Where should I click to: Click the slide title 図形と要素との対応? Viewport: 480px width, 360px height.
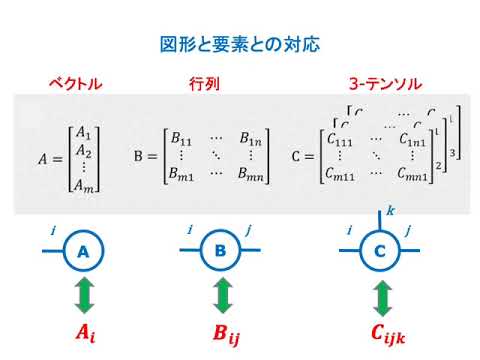(240, 45)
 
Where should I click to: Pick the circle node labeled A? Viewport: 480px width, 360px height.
(83, 253)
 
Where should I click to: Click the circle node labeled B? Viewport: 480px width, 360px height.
(222, 253)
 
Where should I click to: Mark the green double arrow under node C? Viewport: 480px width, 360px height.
(380, 297)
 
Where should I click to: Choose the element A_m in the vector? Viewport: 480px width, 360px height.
(84, 183)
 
